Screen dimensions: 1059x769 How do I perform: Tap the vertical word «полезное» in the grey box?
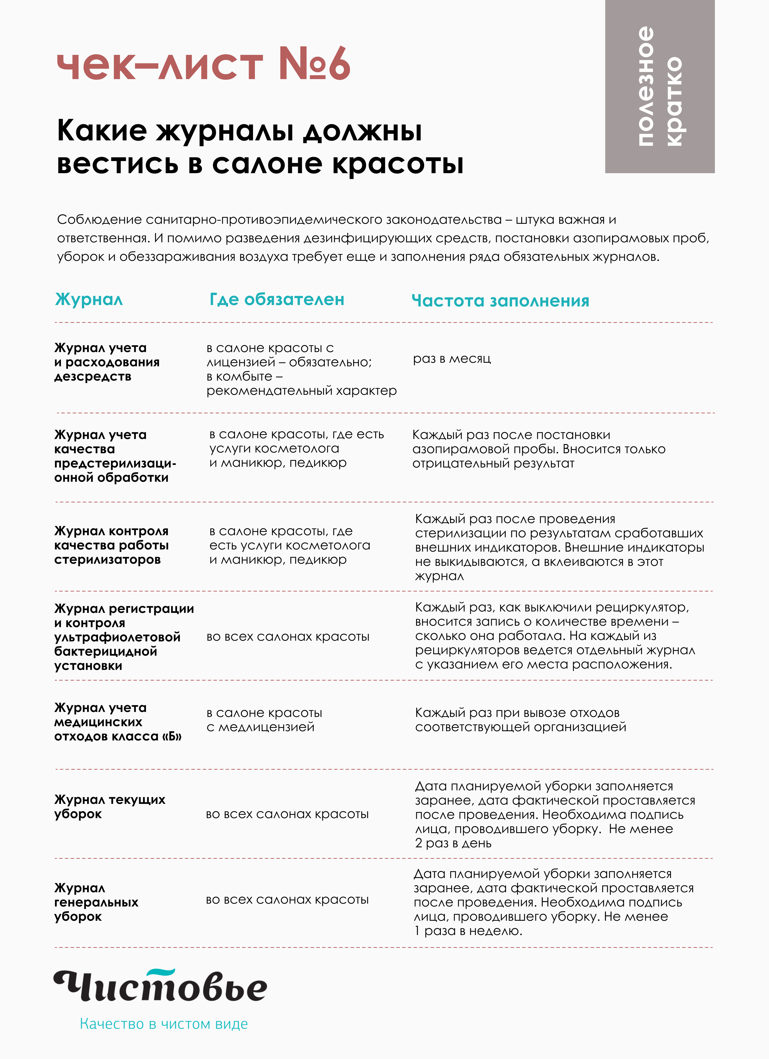point(646,86)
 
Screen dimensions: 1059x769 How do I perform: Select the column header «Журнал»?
point(89,299)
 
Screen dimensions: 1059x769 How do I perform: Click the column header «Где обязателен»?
point(277,299)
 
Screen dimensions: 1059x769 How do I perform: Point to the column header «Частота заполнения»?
point(500,301)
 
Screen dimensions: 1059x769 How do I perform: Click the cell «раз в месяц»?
point(452,359)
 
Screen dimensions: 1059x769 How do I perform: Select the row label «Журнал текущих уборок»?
point(110,806)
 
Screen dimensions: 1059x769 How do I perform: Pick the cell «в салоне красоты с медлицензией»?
point(264,720)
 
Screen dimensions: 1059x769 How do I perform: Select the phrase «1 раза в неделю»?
point(468,930)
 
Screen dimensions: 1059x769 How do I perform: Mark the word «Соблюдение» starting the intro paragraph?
point(99,219)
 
